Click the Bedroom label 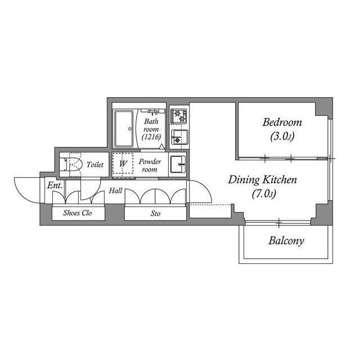coord(282,123)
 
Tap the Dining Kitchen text coord(262,181)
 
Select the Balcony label coord(286,241)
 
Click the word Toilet coord(95,165)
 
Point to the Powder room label coord(150,165)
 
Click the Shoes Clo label coord(77,214)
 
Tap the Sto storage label coord(155,214)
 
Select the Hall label coord(115,191)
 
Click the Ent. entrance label coord(54,185)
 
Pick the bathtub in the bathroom coord(124,129)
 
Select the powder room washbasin coord(178,164)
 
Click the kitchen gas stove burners coord(179,116)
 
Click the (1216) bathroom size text coord(152,137)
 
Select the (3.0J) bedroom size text coord(282,136)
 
